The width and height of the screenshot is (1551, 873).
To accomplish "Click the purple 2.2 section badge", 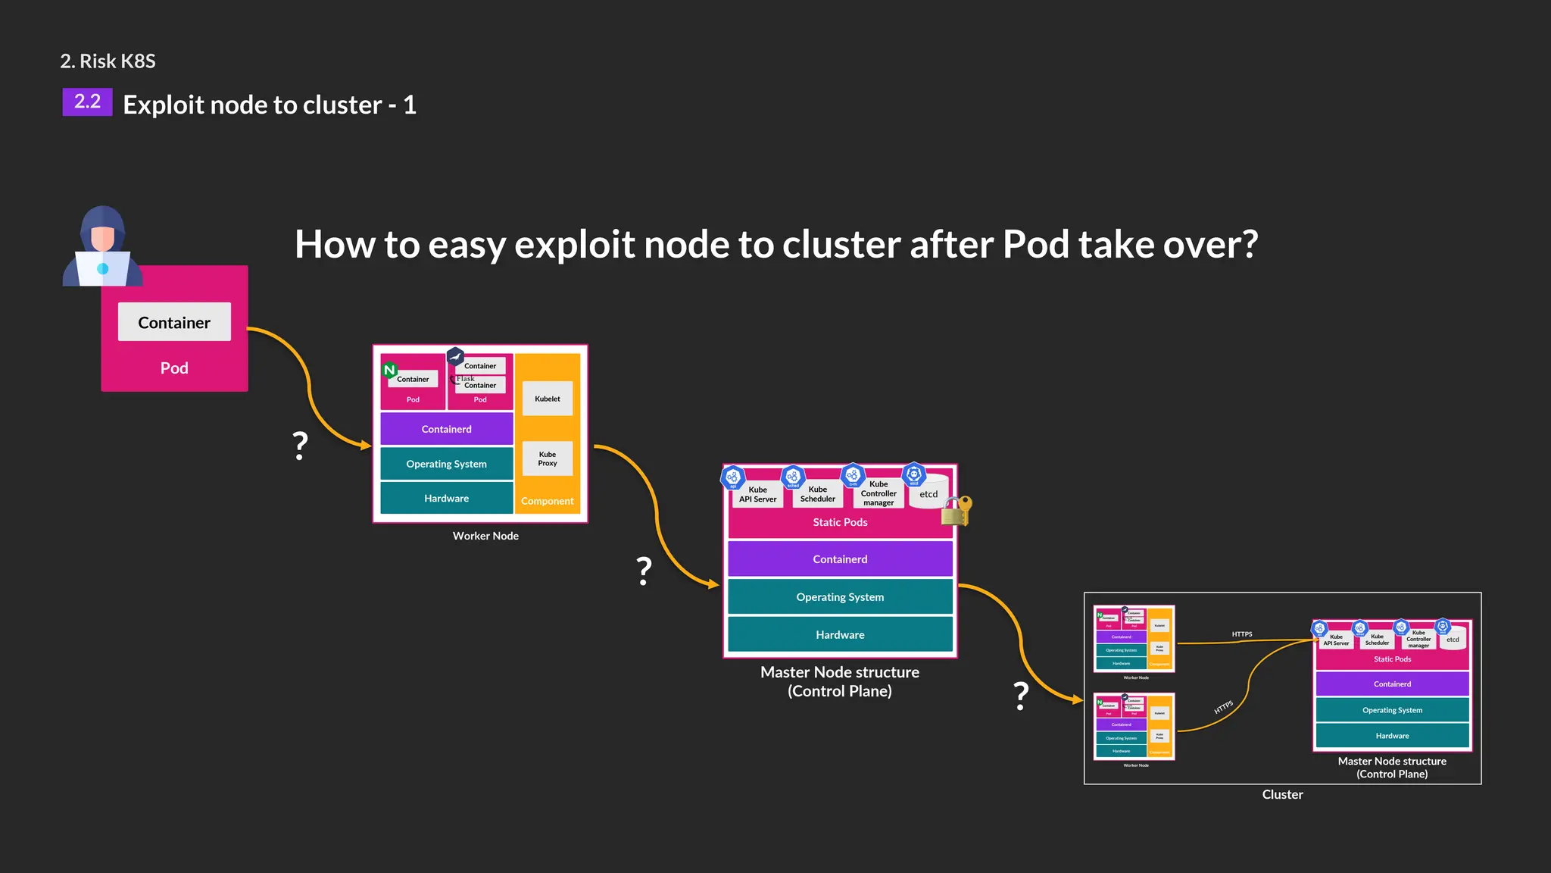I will click(87, 102).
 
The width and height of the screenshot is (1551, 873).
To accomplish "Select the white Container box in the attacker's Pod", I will click(174, 322).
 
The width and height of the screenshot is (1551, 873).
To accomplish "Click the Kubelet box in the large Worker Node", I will click(548, 399).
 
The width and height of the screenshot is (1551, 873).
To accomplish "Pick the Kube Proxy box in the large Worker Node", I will click(548, 458).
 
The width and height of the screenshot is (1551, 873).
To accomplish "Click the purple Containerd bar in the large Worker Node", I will click(446, 429).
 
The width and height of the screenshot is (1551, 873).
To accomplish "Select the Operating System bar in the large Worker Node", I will click(446, 464).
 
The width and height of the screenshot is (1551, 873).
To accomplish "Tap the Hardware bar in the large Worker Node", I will click(446, 498).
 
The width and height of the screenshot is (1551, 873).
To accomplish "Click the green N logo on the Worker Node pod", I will click(389, 370).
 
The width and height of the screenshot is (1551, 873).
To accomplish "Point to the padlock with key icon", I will click(956, 512).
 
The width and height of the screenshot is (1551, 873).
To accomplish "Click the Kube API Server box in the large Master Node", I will click(757, 494).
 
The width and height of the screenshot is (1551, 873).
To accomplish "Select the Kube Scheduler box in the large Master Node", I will click(818, 494).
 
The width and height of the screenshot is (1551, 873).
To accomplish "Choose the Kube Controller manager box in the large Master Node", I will click(878, 493).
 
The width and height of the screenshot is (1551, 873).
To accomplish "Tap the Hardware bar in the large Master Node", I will click(840, 634).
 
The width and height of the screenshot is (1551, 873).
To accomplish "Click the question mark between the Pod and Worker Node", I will click(301, 446).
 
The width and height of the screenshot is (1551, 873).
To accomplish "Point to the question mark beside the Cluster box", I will click(1022, 695).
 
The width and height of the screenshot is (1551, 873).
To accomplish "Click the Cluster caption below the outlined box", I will click(1282, 794).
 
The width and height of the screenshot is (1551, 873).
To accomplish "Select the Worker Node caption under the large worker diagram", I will click(485, 536).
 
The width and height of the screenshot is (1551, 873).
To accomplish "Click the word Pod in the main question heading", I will click(1036, 244).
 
